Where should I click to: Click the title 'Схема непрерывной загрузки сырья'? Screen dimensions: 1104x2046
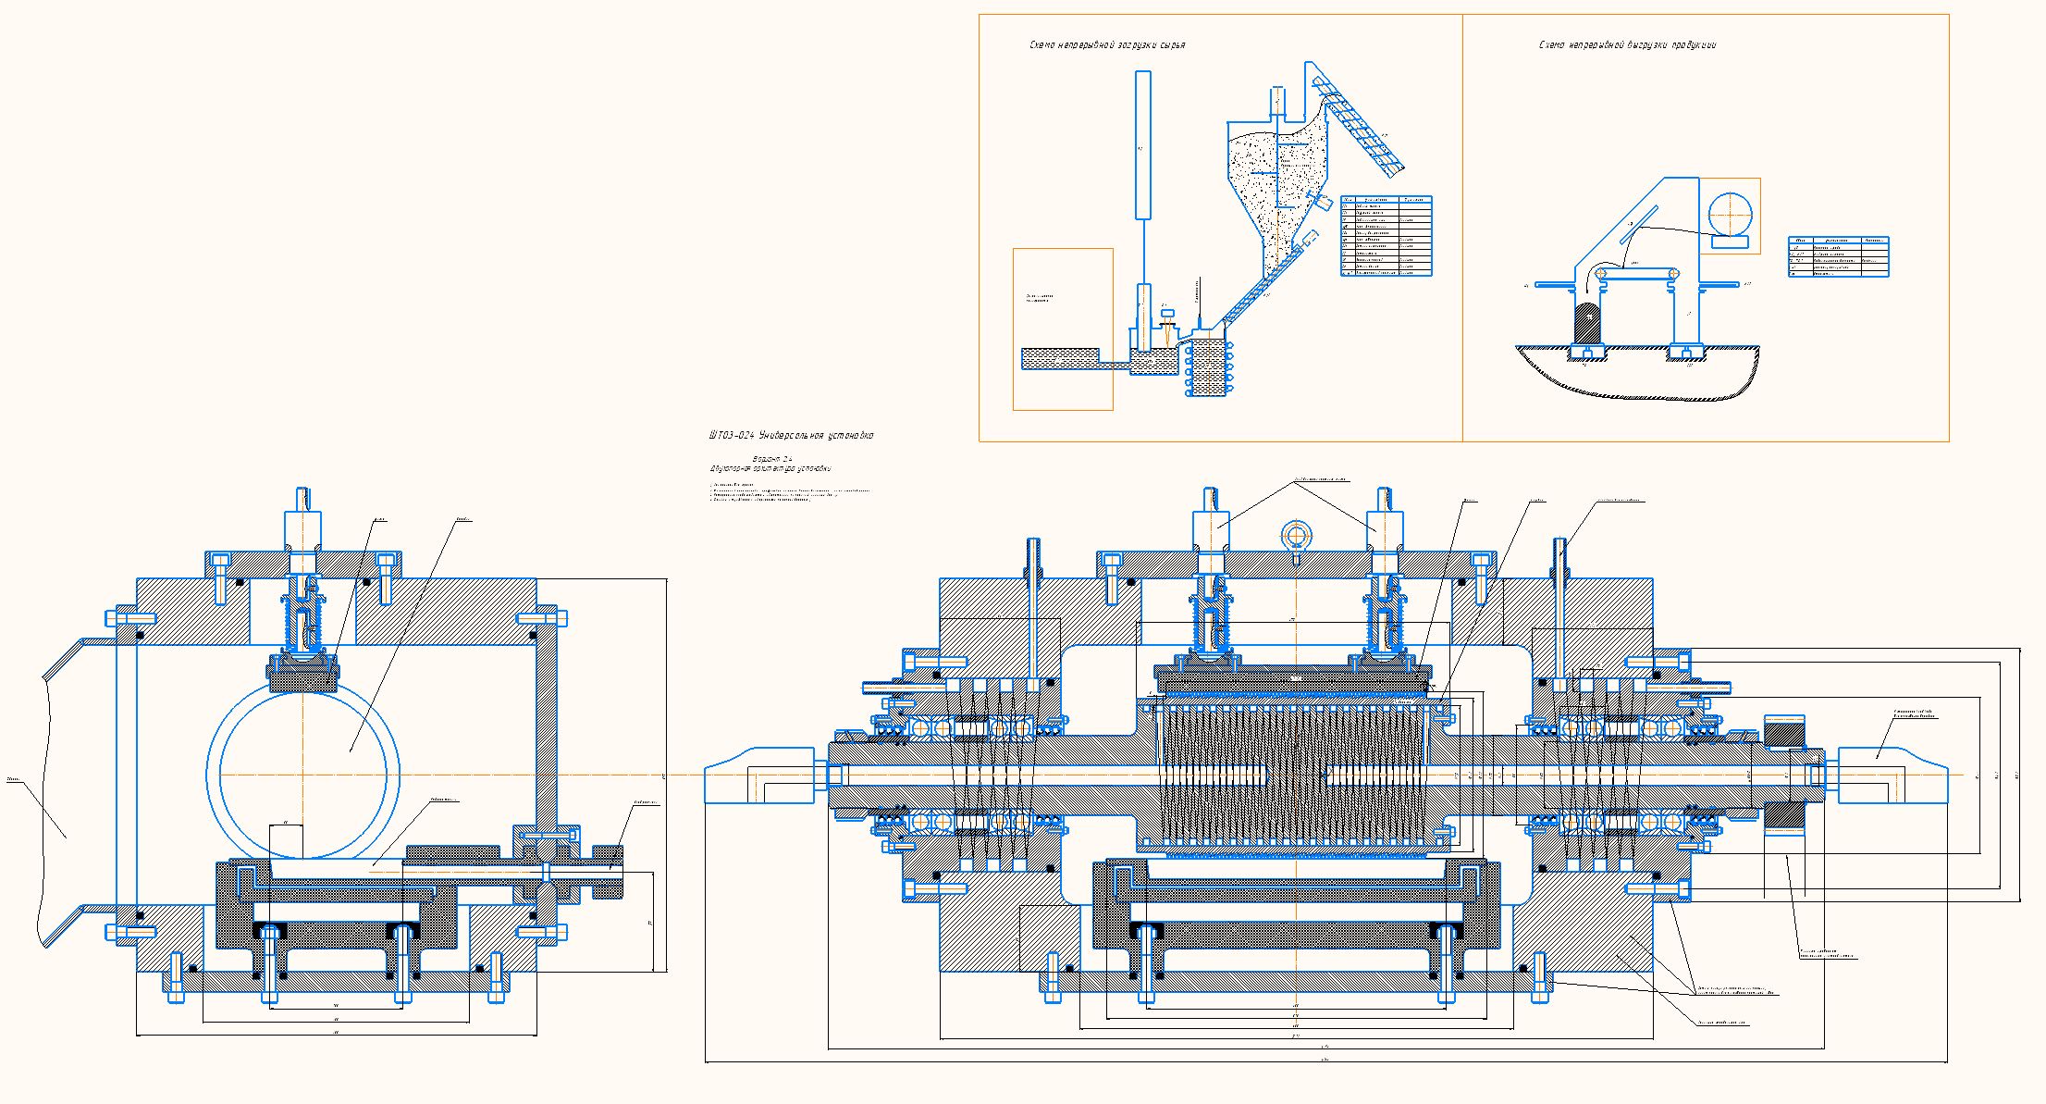[x=1107, y=45]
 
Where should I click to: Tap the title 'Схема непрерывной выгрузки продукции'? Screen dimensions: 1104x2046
[x=1627, y=45]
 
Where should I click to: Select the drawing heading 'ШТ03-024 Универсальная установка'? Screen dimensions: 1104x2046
[x=791, y=435]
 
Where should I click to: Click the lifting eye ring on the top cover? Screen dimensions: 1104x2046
[x=1296, y=534]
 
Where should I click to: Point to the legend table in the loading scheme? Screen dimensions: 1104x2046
[x=1386, y=236]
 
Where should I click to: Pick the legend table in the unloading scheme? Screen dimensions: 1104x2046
[x=1838, y=256]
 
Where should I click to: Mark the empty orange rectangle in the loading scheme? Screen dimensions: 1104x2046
[x=1063, y=329]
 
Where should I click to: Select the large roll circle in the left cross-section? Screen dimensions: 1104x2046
[x=303, y=774]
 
